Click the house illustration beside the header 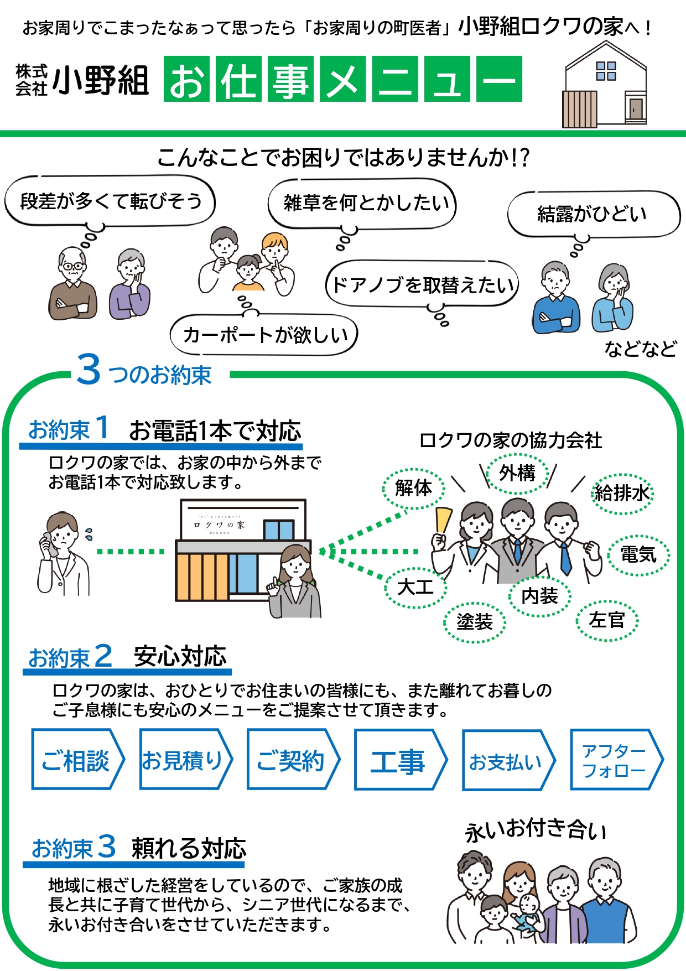click(605, 86)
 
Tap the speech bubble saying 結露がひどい click(593, 214)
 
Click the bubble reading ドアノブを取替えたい click(423, 285)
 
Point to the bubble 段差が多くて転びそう click(110, 201)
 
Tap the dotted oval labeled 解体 click(413, 488)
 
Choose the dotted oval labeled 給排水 click(622, 493)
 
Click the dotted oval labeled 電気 click(638, 554)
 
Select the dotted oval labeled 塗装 click(475, 622)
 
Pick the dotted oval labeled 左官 click(607, 620)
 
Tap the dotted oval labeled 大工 click(415, 587)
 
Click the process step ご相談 click(76, 760)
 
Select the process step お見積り click(184, 760)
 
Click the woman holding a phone click(62, 553)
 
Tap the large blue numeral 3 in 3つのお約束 click(89, 370)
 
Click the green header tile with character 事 click(291, 80)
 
